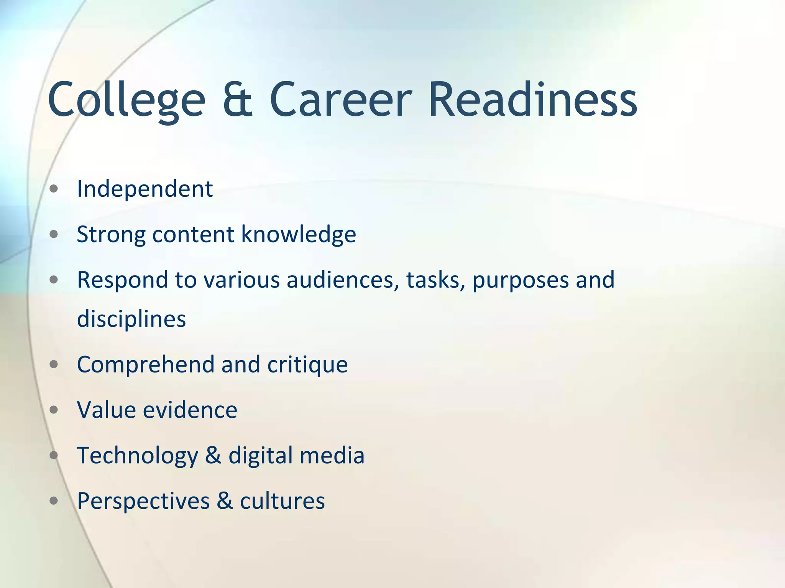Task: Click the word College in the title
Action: click(126, 100)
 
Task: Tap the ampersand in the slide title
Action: click(238, 100)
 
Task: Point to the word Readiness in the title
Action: click(533, 100)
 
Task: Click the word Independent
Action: click(145, 189)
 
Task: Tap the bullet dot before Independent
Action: click(54, 189)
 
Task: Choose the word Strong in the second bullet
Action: click(111, 235)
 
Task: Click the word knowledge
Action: click(299, 235)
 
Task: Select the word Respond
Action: click(122, 280)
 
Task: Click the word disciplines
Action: click(131, 319)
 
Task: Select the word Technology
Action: click(138, 456)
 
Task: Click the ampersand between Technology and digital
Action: click(213, 455)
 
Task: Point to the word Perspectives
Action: click(143, 501)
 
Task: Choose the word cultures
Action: click(282, 501)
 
